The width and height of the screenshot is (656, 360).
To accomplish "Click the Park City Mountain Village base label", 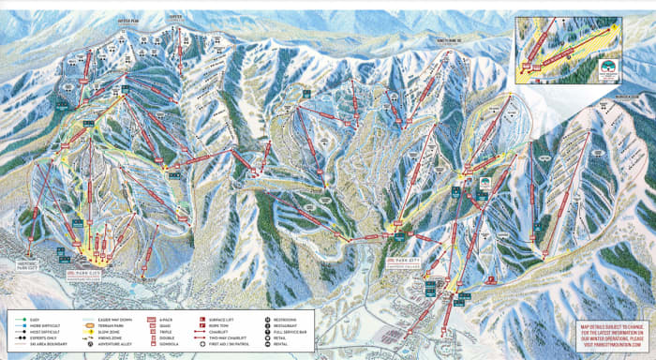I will (93, 273).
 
